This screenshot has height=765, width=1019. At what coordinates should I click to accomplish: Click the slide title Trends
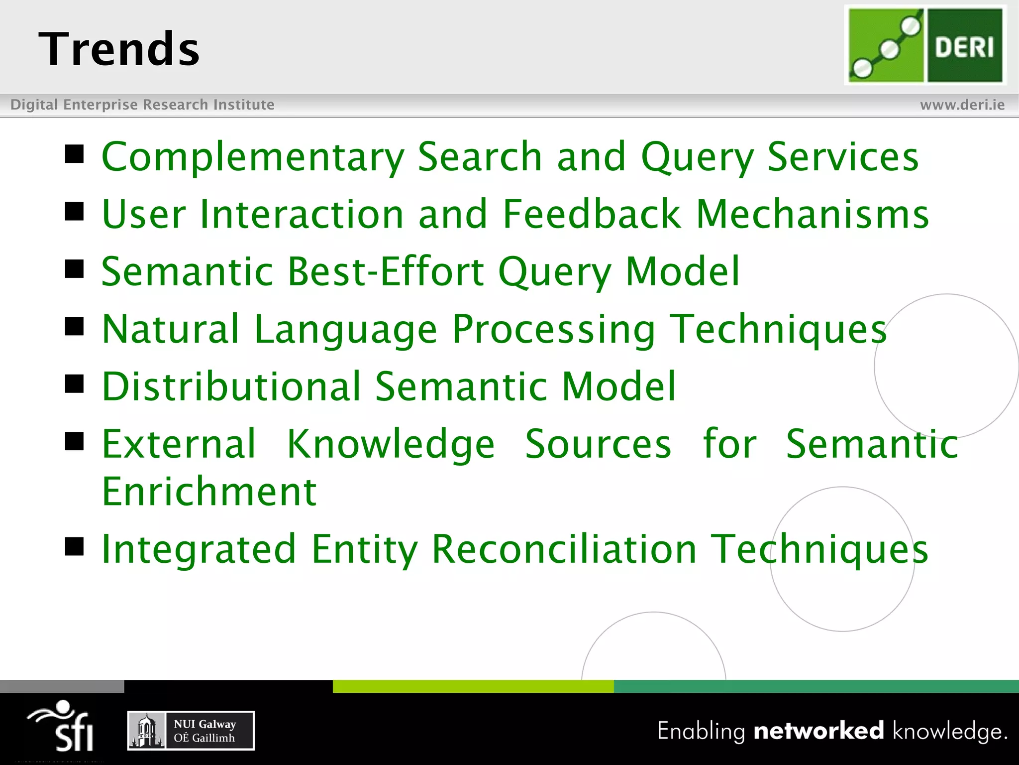[119, 49]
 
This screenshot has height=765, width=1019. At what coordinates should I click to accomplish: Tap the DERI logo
[925, 45]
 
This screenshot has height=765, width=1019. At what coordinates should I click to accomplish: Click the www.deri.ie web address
[962, 105]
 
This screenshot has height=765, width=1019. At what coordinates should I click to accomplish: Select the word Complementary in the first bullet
[253, 157]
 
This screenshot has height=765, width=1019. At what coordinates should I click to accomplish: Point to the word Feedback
[591, 214]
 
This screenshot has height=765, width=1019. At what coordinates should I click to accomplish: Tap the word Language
[345, 330]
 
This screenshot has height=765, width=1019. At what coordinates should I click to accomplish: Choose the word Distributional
[231, 386]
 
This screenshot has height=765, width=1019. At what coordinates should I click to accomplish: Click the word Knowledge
[391, 444]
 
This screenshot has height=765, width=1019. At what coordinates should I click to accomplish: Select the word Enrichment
[209, 492]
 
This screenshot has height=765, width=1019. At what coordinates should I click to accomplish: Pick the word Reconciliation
[564, 549]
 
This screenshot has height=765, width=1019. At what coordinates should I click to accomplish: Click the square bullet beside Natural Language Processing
[75, 327]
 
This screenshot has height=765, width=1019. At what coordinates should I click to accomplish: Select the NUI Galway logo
[191, 731]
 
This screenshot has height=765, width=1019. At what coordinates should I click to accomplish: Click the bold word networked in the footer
[818, 731]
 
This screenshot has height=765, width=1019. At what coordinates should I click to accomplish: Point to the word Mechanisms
[812, 214]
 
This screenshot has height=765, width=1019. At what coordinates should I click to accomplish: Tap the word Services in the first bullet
[842, 157]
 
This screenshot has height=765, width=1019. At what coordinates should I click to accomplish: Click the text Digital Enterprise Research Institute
[142, 105]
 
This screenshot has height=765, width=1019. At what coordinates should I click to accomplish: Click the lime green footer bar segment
[473, 686]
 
